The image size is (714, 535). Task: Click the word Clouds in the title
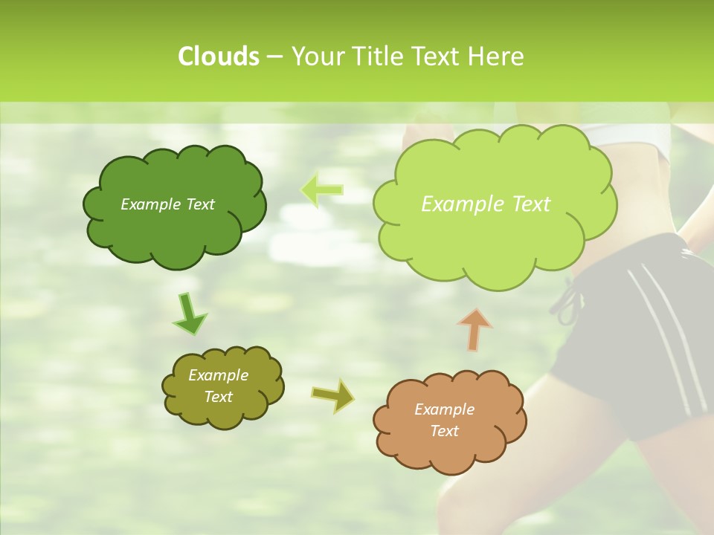(x=218, y=56)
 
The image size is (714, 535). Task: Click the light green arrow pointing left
(x=321, y=190)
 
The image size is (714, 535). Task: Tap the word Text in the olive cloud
(x=219, y=397)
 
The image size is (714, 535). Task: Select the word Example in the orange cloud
(x=444, y=409)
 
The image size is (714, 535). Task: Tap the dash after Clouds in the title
(x=274, y=57)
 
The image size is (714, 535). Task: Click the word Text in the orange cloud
(x=444, y=431)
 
